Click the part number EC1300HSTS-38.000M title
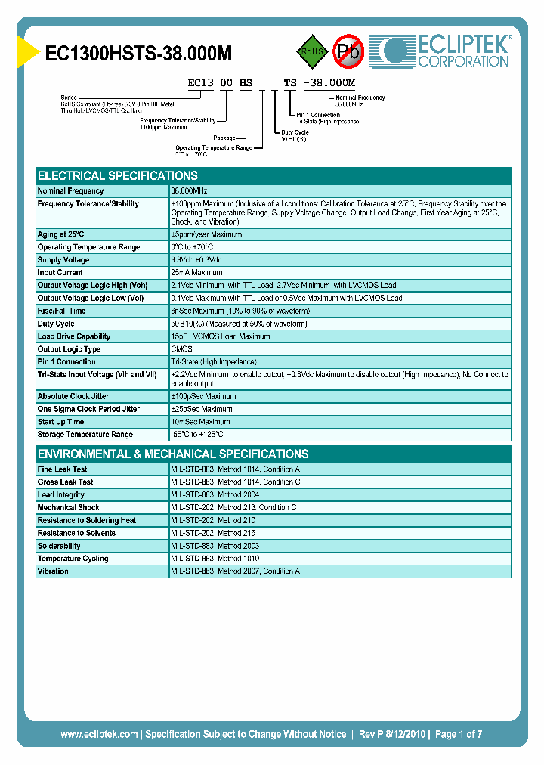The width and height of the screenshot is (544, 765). coord(138,53)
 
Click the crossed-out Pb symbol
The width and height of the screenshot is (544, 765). coord(349,51)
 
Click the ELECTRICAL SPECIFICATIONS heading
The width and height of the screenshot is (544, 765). coord(117,175)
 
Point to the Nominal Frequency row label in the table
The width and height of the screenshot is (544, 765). coord(70,191)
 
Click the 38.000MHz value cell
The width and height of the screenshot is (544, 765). coord(189,191)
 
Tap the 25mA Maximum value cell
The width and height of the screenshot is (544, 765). coord(196,273)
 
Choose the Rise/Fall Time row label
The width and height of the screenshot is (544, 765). coord(61,311)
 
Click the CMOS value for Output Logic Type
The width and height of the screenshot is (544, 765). coord(181,349)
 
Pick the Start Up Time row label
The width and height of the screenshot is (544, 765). coord(60,422)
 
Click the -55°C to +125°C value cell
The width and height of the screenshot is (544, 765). coord(197,435)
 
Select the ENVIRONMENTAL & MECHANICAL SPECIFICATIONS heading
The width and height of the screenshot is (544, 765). coord(173,454)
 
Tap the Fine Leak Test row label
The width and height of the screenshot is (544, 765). coord(62,469)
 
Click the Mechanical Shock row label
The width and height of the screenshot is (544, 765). coord(68,508)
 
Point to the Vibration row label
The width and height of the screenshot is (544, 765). coord(53,571)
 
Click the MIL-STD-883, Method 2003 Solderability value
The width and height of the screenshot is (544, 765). coord(216,546)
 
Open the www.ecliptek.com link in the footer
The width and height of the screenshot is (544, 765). coord(99,734)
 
